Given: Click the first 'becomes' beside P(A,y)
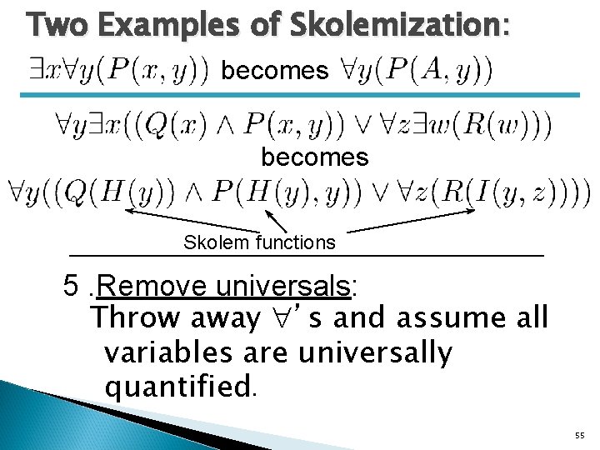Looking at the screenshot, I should [275, 71].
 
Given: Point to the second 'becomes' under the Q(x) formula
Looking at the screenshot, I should [314, 157].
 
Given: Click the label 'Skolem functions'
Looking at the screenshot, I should [259, 242].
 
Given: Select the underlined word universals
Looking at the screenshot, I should [284, 286].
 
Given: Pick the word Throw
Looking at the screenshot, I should [136, 317].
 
